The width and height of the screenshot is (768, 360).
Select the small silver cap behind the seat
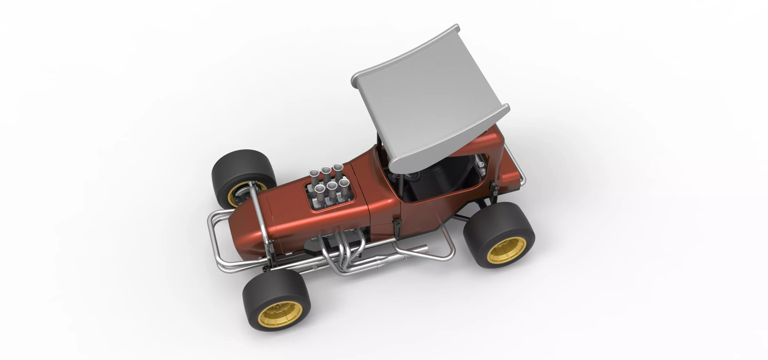(x=480, y=164)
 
